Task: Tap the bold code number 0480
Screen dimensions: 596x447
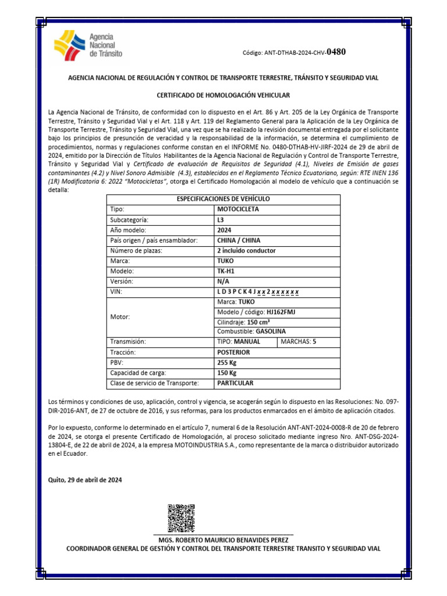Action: click(x=336, y=52)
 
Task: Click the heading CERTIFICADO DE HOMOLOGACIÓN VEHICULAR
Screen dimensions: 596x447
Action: click(x=223, y=95)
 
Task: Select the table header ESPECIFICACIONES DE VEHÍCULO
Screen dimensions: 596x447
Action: click(x=223, y=199)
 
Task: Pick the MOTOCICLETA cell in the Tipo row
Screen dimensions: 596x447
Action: click(x=238, y=209)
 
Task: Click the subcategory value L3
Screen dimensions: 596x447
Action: click(x=221, y=219)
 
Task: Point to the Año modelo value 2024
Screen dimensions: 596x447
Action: click(x=224, y=230)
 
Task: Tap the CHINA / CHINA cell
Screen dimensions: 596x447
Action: click(x=239, y=240)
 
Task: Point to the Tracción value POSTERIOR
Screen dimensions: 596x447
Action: click(x=233, y=352)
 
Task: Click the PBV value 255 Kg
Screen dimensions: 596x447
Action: click(x=228, y=363)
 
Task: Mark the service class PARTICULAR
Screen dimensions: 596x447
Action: click(x=236, y=383)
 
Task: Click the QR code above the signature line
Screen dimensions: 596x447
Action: click(x=180, y=517)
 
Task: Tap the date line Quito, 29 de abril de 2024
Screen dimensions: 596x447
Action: click(x=86, y=480)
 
